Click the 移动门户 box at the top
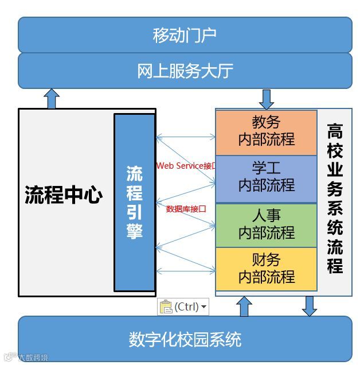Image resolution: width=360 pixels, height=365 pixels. coord(185,35)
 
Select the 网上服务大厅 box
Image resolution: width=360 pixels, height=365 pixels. coord(185,71)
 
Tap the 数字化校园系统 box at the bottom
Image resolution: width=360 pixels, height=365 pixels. coord(185,339)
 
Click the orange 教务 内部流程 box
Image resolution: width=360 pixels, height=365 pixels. coord(266,131)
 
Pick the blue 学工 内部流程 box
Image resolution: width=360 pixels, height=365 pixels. coord(266,177)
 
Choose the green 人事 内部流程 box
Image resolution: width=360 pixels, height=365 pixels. coord(266,224)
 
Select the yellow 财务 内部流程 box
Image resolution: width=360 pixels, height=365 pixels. coord(266,269)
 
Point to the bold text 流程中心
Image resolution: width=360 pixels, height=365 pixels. coord(64,195)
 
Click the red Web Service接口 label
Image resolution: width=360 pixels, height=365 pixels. coord(186,166)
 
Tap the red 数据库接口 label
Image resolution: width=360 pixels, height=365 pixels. coord(186,209)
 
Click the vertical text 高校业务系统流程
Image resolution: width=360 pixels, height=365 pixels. coord(335,198)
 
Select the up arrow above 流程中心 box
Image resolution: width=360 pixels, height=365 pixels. coord(52,99)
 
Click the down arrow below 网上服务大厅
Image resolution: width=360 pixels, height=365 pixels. coord(267,99)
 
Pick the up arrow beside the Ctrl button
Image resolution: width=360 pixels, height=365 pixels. coord(244,306)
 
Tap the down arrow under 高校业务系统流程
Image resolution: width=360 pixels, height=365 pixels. coord(310,306)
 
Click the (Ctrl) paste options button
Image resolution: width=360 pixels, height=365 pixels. coord(183,307)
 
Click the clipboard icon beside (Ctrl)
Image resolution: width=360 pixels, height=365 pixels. coord(166,307)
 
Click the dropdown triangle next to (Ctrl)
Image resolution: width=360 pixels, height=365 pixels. coord(204,308)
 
